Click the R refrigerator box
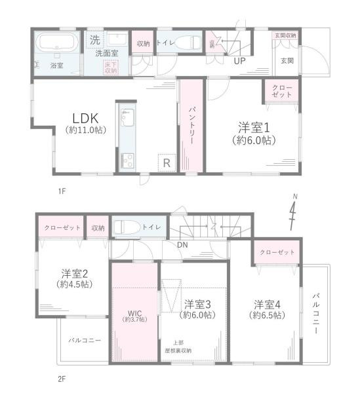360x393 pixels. [166, 161]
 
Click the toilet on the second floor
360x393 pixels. [125, 228]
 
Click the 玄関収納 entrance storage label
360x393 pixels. [285, 35]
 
